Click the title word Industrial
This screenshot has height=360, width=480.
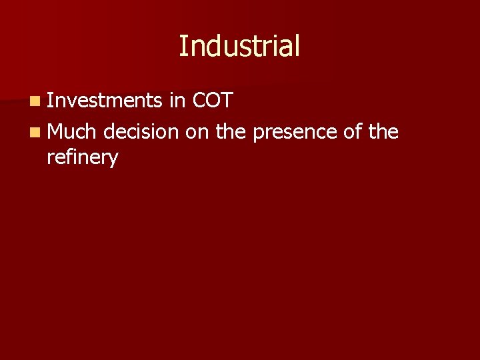(239, 46)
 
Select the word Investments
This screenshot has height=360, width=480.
(105, 101)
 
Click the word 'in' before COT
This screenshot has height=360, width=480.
(177, 101)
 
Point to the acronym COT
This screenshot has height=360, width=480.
(211, 101)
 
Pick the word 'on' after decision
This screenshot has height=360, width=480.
(197, 132)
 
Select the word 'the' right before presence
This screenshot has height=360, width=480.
(231, 132)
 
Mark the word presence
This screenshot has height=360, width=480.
(296, 132)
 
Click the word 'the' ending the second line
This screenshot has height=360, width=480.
(383, 132)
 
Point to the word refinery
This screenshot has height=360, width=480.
(83, 158)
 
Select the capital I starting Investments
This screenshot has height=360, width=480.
(51, 101)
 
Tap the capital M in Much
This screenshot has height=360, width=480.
(56, 132)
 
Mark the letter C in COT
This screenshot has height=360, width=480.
(198, 101)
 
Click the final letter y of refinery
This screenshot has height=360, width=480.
(114, 160)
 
